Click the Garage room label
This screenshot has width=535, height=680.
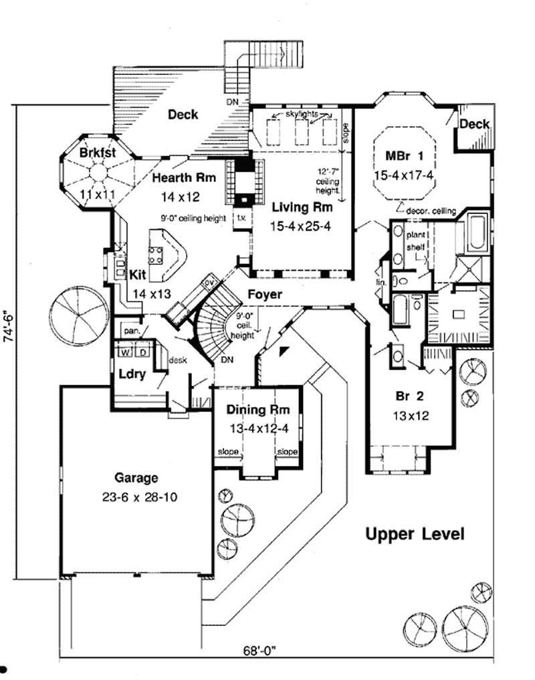pos(136,478)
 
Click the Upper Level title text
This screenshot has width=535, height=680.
pos(415,534)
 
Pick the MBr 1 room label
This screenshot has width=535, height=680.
pos(405,157)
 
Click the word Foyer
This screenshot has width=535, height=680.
pos(264,294)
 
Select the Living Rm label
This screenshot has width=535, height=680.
pos(301,207)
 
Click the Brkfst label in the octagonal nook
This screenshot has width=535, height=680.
pos(98,152)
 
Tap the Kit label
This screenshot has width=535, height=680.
pos(138,274)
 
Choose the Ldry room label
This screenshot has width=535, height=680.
pos(132,374)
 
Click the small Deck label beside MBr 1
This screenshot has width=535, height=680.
pos(475,124)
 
